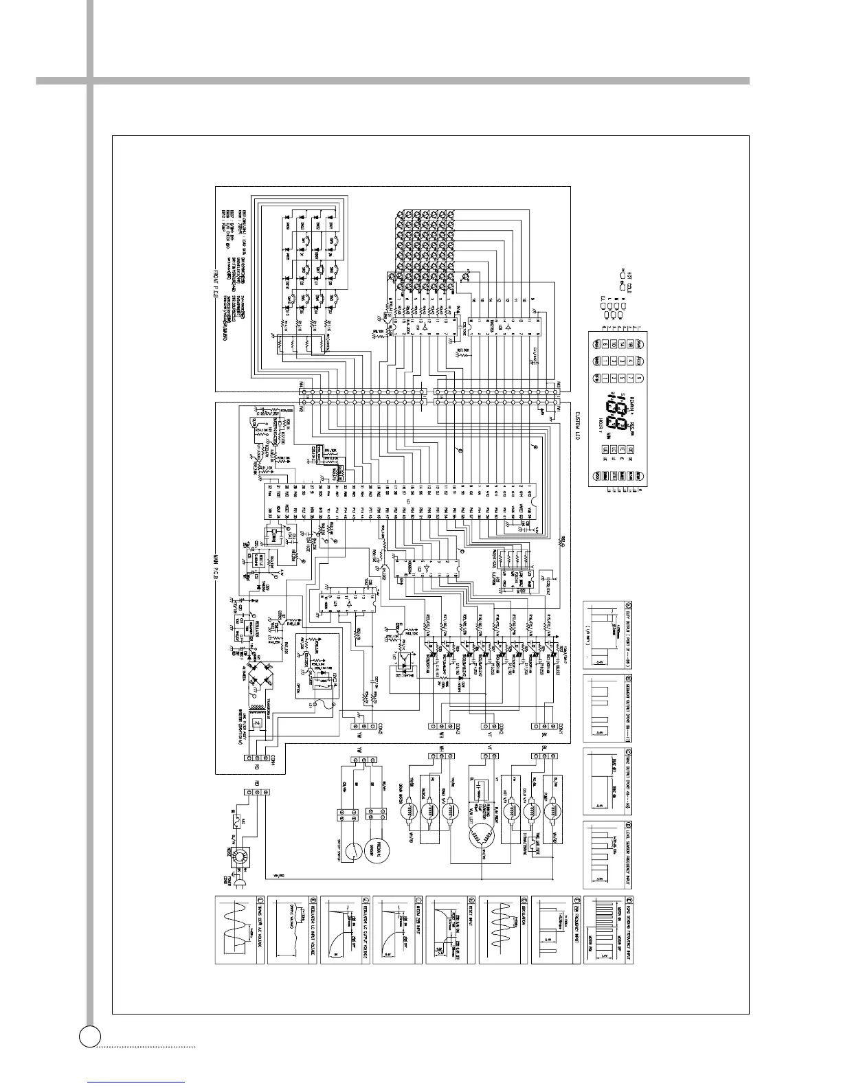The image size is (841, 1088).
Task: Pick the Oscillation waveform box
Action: pos(502,929)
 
